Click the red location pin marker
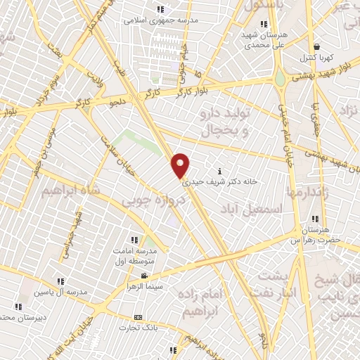181,165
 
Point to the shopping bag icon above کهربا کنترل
317,45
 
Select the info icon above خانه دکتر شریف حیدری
220,171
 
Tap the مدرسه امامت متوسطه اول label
135,255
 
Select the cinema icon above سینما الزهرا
144,276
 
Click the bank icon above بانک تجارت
138,317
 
